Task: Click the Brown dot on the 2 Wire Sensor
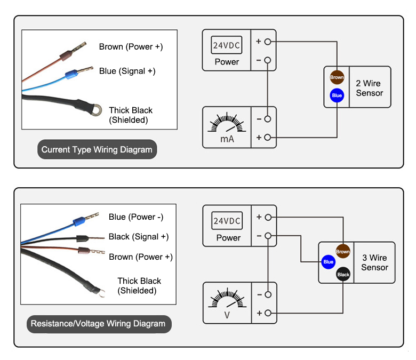(x=337, y=77)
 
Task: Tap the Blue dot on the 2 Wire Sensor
(x=337, y=96)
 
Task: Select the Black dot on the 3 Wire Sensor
(x=343, y=275)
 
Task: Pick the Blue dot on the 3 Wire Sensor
(x=329, y=262)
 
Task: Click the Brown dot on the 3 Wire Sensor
(x=343, y=252)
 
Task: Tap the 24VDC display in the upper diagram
(x=227, y=46)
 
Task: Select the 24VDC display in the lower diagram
(x=227, y=221)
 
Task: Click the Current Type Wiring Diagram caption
(x=97, y=149)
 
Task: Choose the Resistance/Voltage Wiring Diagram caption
(x=98, y=323)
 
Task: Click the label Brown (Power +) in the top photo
(x=131, y=47)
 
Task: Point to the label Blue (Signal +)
(x=127, y=71)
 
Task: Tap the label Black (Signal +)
(x=138, y=237)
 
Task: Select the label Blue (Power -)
(x=135, y=217)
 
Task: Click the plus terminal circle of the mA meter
(x=268, y=138)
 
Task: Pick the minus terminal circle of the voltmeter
(x=268, y=294)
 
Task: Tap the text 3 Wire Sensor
(x=374, y=262)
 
